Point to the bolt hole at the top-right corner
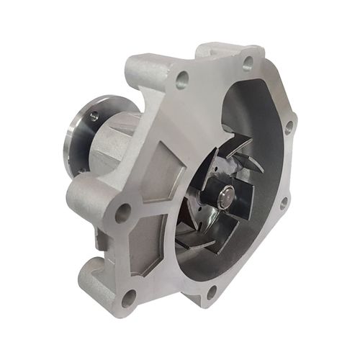coord(248,63)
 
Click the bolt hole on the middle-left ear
coord(123,212)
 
